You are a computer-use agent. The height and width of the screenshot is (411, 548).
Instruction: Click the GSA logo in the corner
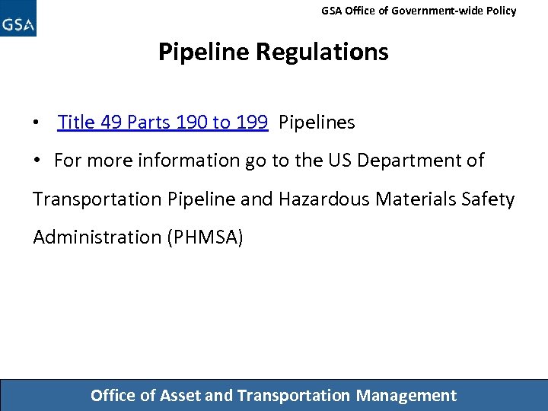point(18,19)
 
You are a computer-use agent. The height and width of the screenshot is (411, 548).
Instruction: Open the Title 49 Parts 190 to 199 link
point(162,122)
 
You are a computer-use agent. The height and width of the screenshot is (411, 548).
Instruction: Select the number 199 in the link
point(252,122)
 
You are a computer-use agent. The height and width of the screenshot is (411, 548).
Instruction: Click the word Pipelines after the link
point(317,122)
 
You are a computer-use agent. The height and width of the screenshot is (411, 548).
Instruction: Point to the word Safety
point(490,199)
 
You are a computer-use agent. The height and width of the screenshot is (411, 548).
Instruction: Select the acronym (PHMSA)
point(204,237)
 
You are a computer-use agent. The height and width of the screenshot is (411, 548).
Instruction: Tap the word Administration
point(94,237)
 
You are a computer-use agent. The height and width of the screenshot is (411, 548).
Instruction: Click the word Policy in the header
point(500,11)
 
